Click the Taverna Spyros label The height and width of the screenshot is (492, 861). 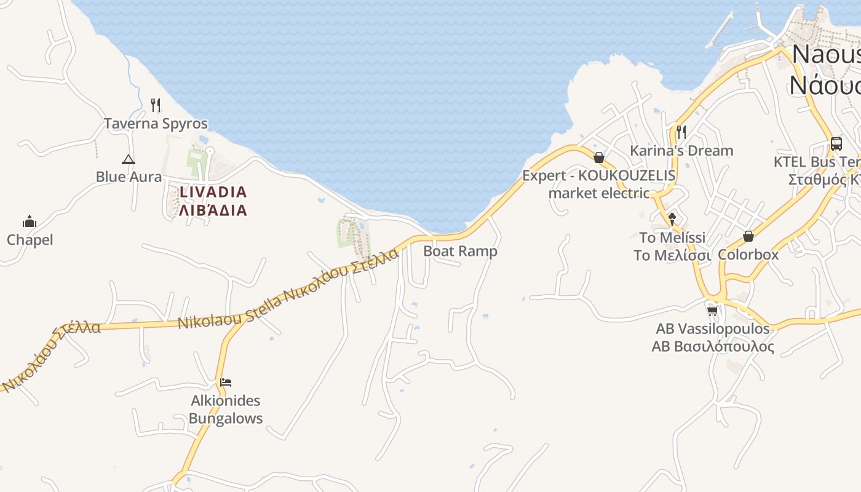click(156, 124)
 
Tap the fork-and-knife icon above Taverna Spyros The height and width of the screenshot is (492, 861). click(156, 105)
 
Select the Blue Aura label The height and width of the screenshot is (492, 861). click(129, 177)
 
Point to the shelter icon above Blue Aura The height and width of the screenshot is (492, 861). click(128, 160)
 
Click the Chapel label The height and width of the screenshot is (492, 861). click(30, 240)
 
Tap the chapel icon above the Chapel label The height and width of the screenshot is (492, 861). click(30, 221)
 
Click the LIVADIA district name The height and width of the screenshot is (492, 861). click(213, 192)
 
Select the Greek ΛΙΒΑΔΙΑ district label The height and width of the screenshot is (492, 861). click(213, 210)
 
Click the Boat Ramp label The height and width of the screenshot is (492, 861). click(460, 251)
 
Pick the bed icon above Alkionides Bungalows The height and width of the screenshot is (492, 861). click(226, 383)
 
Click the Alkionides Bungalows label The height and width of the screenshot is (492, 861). click(226, 410)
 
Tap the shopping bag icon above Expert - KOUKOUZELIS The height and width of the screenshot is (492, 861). click(599, 157)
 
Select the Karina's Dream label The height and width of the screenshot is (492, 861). click(681, 151)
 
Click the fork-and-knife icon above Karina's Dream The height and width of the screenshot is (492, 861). click(681, 132)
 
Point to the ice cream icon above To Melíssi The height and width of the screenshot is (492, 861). click(672, 218)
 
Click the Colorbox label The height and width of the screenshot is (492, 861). click(748, 255)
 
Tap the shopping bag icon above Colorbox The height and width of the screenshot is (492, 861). click(748, 236)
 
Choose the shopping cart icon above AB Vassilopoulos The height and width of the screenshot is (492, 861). click(713, 311)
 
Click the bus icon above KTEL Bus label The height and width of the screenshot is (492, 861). click(836, 144)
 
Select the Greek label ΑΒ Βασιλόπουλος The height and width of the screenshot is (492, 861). click(713, 346)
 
